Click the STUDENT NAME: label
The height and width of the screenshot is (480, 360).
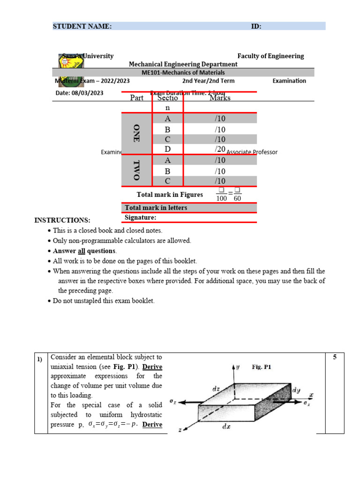click(82, 26)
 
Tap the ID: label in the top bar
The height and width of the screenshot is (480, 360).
click(256, 26)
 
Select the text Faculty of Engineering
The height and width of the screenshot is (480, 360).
click(270, 56)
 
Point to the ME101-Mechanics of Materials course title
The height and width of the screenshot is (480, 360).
click(183, 72)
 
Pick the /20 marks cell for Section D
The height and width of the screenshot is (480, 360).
click(220, 149)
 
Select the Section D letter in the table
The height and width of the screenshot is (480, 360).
click(167, 149)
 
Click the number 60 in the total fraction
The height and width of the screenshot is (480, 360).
click(237, 198)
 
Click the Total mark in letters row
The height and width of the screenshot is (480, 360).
click(156, 208)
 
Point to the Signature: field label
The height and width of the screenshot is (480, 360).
click(140, 217)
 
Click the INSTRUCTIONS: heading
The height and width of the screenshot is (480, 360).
click(62, 220)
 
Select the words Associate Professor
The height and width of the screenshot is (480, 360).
click(252, 152)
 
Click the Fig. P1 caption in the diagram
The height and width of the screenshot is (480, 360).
click(262, 367)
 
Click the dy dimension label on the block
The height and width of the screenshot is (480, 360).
click(296, 390)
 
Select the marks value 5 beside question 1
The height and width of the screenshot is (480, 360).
click(335, 357)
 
